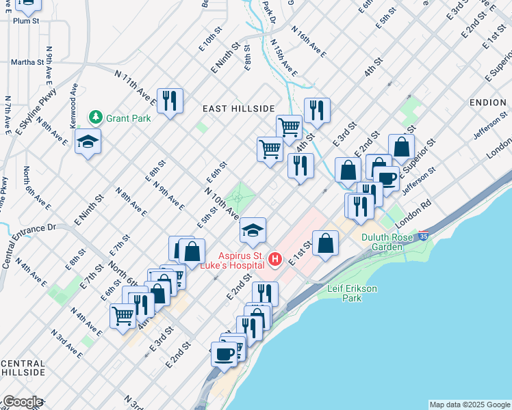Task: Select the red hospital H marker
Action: coord(275,258)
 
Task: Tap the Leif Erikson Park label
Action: coord(352,294)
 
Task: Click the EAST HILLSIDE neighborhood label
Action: coord(238,109)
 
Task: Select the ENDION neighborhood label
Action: coord(488,102)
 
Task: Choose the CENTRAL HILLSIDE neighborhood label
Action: coord(23,367)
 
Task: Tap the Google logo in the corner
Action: coord(22,402)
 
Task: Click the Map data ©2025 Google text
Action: coord(470,405)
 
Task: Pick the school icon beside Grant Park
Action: coord(88,141)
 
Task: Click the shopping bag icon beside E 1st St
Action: coord(326,243)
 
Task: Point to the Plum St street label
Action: coord(25,20)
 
